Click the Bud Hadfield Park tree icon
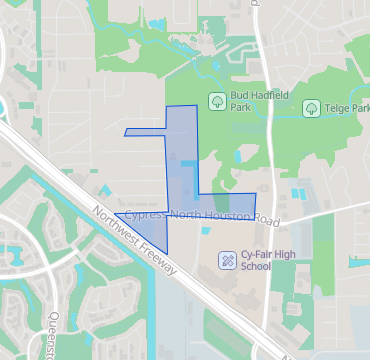pyautogui.click(x=216, y=101)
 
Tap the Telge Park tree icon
pyautogui.click(x=311, y=107)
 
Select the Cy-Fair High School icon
pyautogui.click(x=228, y=260)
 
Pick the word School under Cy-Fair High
pyautogui.click(x=256, y=267)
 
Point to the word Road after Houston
pyautogui.click(x=266, y=217)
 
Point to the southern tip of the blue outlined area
pyautogui.click(x=165, y=248)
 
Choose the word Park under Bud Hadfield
pyautogui.click(x=240, y=108)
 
